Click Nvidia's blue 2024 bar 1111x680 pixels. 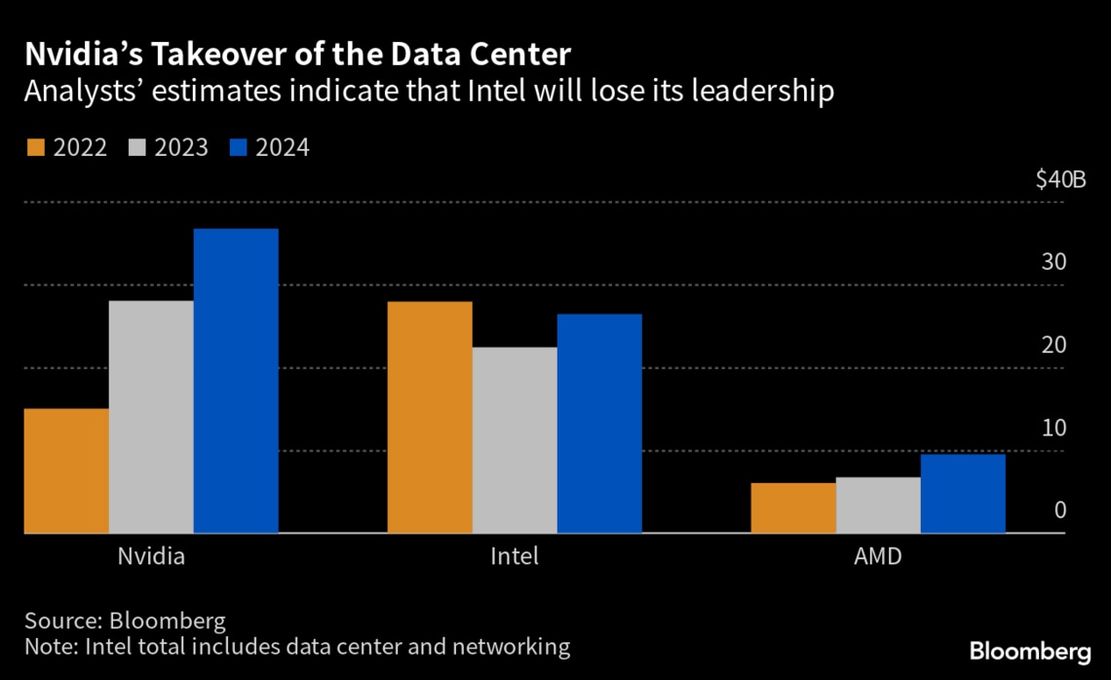pyautogui.click(x=235, y=381)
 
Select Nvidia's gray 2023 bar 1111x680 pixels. pyautogui.click(x=151, y=417)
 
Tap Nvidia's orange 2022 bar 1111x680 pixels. pyautogui.click(x=66, y=471)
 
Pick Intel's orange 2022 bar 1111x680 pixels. pyautogui.click(x=430, y=417)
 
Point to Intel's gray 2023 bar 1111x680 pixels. pyautogui.click(x=515, y=440)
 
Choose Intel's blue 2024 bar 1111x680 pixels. pyautogui.click(x=599, y=424)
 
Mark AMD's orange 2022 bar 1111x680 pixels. pyautogui.click(x=792, y=508)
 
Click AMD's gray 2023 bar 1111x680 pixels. pyautogui.click(x=877, y=505)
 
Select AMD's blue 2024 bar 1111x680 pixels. pyautogui.click(x=962, y=493)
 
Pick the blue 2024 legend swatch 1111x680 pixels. pyautogui.click(x=237, y=148)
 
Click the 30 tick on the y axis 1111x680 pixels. pyautogui.click(x=1054, y=263)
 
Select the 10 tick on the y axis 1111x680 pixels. pyautogui.click(x=1054, y=429)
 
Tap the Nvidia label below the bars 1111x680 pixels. pyautogui.click(x=151, y=558)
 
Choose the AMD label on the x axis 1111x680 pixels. pyautogui.click(x=877, y=558)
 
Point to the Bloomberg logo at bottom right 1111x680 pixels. pyautogui.click(x=1030, y=651)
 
